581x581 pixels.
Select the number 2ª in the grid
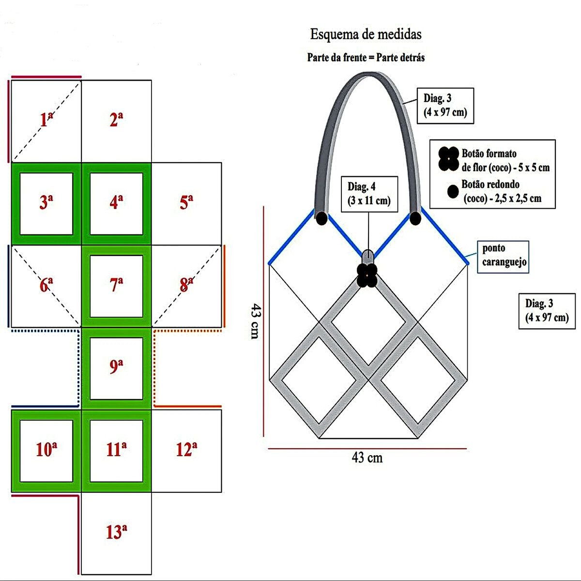(x=116, y=120)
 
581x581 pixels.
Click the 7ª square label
(x=116, y=285)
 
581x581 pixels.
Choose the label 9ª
(x=116, y=367)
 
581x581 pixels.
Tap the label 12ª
(x=186, y=450)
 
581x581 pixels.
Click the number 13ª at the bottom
(x=116, y=532)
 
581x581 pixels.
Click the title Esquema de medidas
(x=366, y=35)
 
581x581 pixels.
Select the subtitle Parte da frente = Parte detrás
(x=366, y=58)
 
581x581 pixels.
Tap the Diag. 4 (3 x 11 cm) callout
(x=369, y=194)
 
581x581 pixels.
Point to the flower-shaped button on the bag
(x=367, y=275)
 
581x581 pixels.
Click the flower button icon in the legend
(x=449, y=158)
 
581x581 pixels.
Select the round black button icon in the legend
(x=453, y=192)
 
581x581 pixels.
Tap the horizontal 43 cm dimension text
(x=367, y=458)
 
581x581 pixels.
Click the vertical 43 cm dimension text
(x=255, y=321)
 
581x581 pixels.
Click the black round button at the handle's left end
(x=321, y=219)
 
